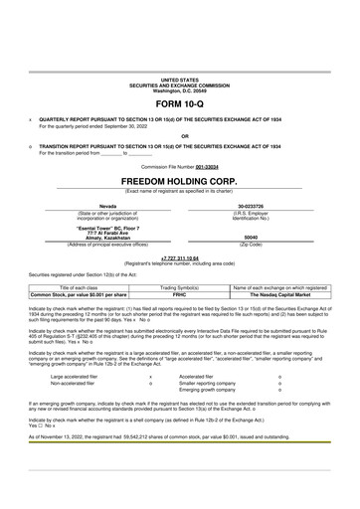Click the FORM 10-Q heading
pos(179,103)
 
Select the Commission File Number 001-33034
pos(207,167)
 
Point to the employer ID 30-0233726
pos(251,206)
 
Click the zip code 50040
pos(251,238)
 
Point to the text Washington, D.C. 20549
pos(180,88)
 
